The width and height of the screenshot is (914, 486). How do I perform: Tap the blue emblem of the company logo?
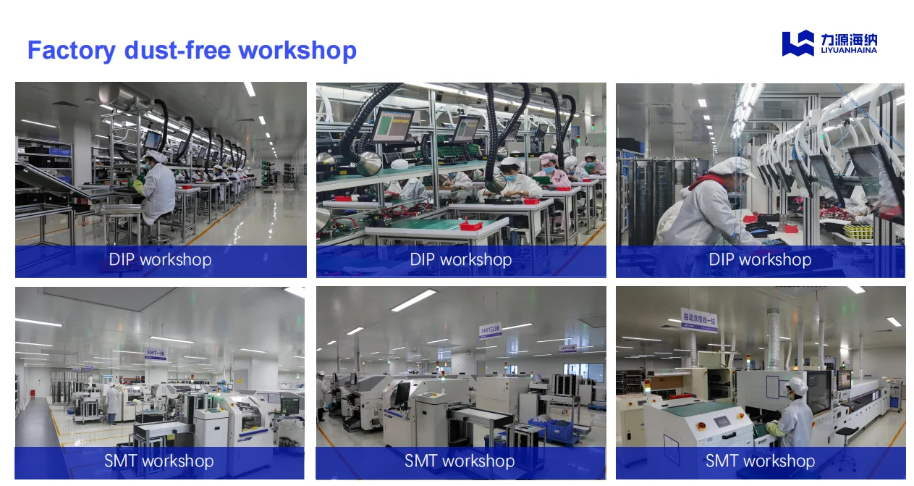click(797, 43)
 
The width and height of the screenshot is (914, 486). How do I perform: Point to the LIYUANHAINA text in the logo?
click(849, 51)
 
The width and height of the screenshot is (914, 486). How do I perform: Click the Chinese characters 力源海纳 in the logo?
click(849, 38)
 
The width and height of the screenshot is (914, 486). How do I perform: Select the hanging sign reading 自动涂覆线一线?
click(699, 319)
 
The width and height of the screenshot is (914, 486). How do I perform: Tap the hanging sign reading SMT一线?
click(156, 353)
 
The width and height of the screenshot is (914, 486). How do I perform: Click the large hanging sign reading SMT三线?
click(490, 330)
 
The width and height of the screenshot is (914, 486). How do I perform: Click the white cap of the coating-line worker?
click(797, 385)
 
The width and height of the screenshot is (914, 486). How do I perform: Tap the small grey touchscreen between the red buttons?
click(722, 422)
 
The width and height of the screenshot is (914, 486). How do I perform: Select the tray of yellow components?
click(858, 231)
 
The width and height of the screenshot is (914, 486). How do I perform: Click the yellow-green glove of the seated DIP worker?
click(138, 187)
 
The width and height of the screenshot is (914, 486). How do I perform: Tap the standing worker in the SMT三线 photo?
click(321, 395)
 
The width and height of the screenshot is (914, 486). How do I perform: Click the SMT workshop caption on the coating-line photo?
click(760, 461)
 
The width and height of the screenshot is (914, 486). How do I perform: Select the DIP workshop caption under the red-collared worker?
click(760, 260)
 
